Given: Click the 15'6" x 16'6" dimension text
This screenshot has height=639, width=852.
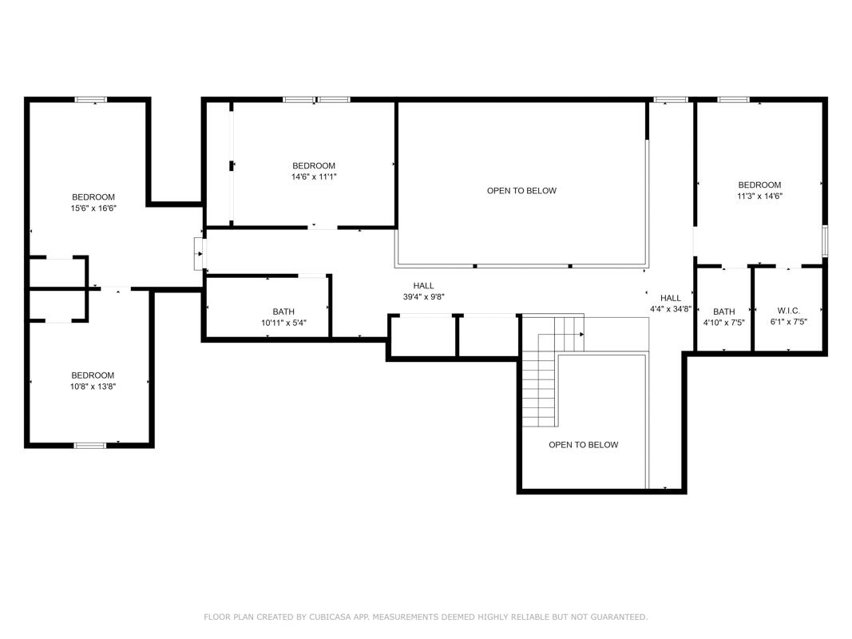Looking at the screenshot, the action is (x=93, y=208).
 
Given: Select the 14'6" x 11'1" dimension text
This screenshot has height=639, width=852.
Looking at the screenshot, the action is (x=314, y=177).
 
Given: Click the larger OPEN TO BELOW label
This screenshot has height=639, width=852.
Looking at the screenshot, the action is (x=521, y=191).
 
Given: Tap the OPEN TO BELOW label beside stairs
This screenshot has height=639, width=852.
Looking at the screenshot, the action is (x=584, y=445).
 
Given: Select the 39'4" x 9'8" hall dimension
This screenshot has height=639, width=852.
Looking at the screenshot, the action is (x=424, y=296).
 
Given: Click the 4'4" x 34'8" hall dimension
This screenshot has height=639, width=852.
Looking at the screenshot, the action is (x=671, y=309).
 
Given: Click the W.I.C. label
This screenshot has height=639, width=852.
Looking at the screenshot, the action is (x=788, y=311).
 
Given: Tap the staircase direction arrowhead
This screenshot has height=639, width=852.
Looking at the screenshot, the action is (x=581, y=334).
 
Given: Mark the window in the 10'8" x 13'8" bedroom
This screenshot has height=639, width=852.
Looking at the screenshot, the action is (x=90, y=446).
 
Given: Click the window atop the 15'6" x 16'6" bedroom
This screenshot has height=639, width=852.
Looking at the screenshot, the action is (x=91, y=99).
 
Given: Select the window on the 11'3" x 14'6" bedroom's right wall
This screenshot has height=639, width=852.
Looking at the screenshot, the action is (x=825, y=240).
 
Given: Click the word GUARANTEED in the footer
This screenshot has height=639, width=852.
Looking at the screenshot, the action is (x=619, y=617).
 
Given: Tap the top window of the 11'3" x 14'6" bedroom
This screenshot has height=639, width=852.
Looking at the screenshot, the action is (x=733, y=99).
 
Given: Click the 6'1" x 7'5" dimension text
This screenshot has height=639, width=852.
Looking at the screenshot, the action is (x=788, y=322).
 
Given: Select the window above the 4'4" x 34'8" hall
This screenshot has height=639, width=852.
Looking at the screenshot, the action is (x=671, y=99).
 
